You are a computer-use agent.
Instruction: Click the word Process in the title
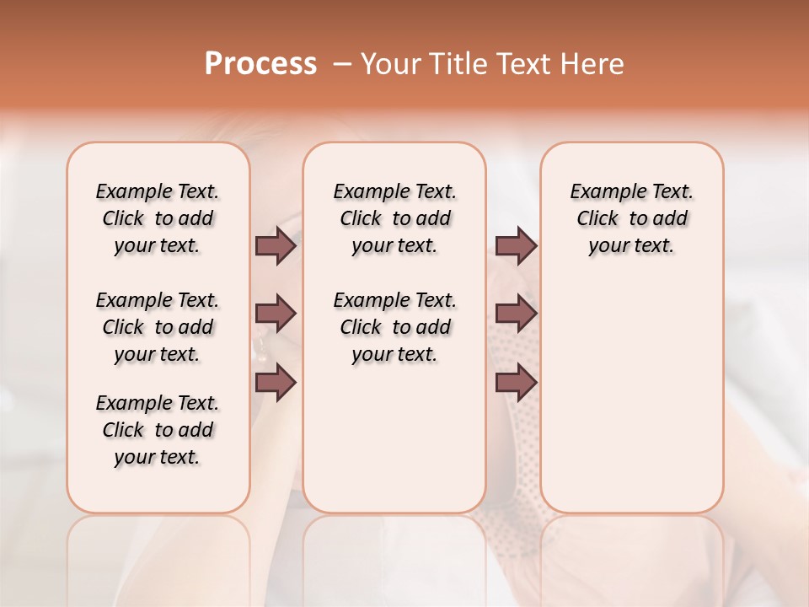(260, 64)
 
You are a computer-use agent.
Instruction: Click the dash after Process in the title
(341, 65)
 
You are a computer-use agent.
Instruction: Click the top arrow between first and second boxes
(276, 245)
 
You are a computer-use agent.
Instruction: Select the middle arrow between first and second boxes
(276, 314)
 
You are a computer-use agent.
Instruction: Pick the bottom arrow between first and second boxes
(276, 383)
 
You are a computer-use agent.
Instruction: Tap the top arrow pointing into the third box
(516, 245)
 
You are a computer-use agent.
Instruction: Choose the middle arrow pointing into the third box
(516, 314)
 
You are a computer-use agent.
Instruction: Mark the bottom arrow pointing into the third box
(516, 383)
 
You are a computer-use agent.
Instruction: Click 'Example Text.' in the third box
(631, 192)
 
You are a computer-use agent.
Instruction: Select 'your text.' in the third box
(631, 246)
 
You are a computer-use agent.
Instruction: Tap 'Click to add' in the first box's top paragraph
(158, 219)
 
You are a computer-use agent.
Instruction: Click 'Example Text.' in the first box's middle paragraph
(158, 301)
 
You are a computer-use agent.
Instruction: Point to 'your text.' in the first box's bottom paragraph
(158, 458)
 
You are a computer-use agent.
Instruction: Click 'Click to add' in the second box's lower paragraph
(395, 328)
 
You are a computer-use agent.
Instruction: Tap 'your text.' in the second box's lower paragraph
(394, 355)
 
